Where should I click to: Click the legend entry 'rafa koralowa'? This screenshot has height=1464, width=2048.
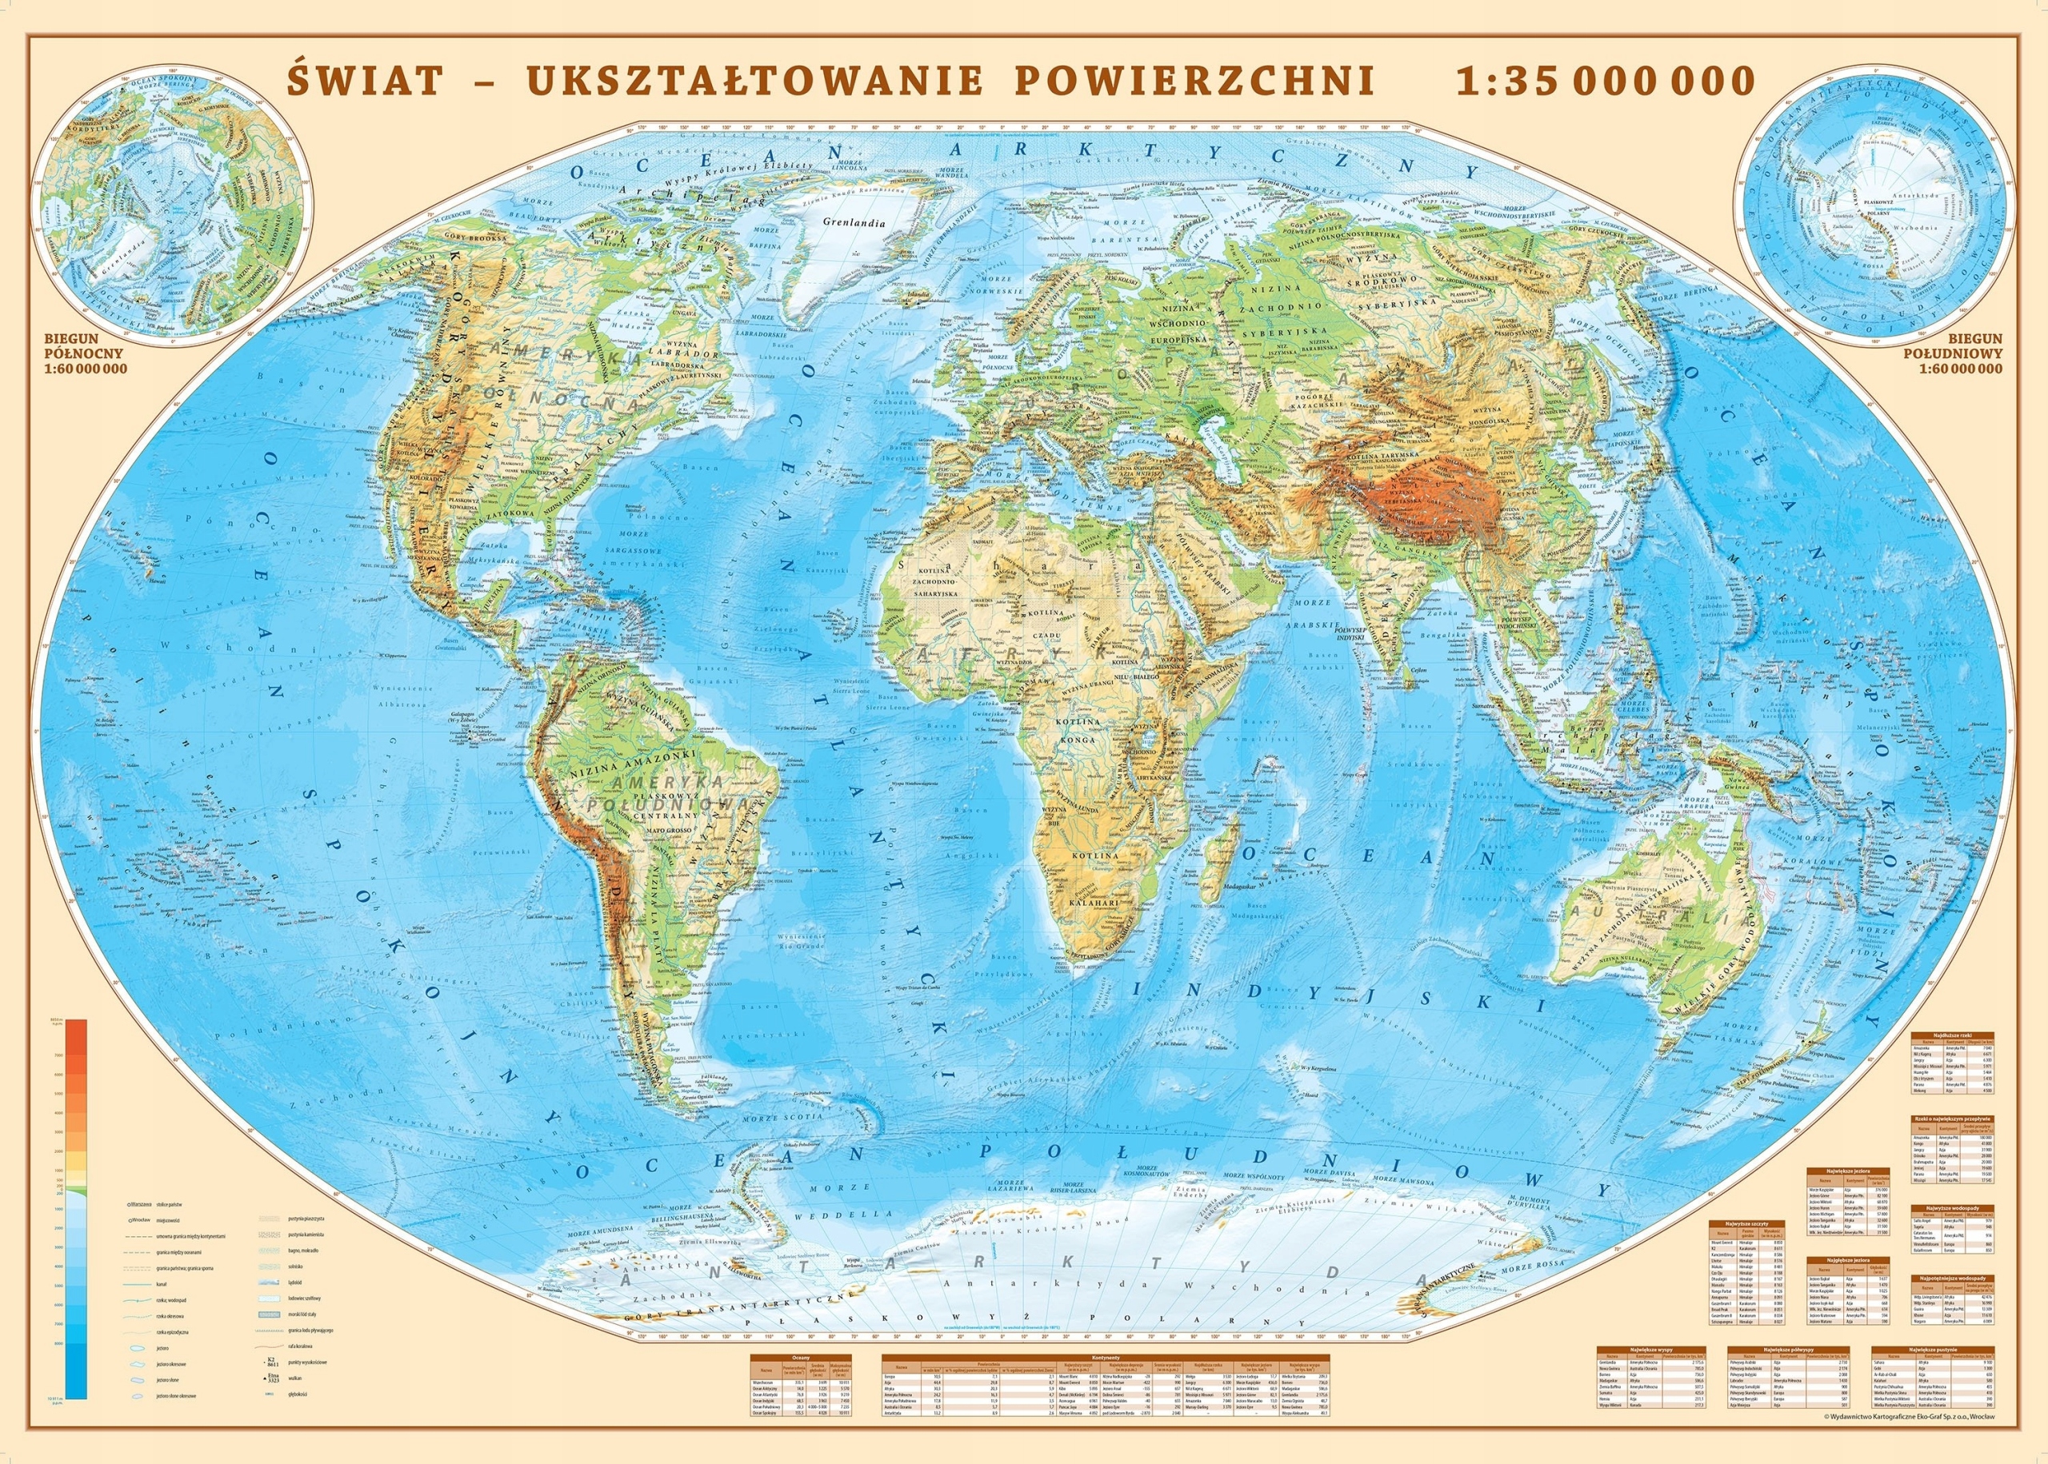pos(300,1346)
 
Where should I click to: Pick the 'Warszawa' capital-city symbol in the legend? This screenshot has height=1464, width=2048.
pos(140,1204)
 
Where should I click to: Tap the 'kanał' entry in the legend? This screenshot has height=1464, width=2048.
pos(162,1285)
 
